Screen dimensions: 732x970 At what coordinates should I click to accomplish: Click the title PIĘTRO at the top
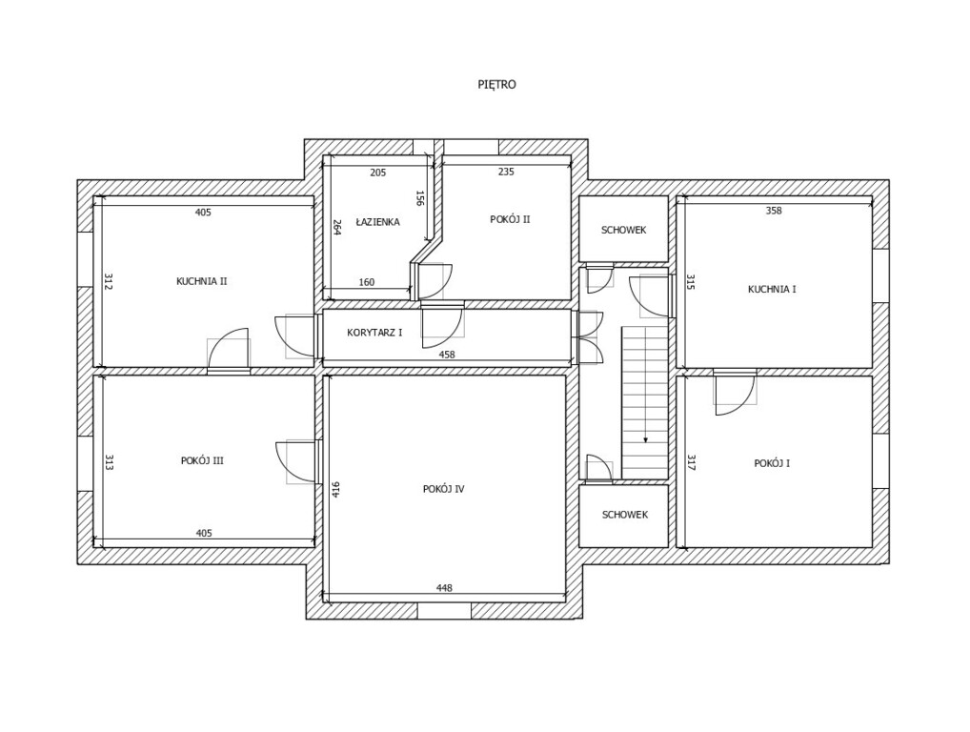click(496, 85)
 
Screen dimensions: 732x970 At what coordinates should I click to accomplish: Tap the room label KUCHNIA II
click(201, 281)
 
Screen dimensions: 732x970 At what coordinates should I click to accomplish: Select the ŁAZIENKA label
click(377, 222)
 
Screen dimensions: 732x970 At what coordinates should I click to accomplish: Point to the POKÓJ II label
click(510, 219)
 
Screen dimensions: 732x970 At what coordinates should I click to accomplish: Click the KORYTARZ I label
click(374, 333)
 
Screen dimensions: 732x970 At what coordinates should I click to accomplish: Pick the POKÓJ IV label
click(443, 489)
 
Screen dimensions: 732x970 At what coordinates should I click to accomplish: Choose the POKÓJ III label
click(202, 460)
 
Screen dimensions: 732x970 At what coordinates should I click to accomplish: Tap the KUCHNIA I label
click(772, 289)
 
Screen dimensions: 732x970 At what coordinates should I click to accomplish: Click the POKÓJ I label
click(772, 463)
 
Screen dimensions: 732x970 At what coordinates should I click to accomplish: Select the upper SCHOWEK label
click(624, 231)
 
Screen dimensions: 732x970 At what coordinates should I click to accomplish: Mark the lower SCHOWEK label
click(625, 515)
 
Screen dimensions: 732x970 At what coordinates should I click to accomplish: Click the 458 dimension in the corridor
click(446, 355)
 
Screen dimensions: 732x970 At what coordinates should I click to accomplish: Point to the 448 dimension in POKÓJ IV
click(444, 588)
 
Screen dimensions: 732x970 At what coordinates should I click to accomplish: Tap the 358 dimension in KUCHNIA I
click(774, 211)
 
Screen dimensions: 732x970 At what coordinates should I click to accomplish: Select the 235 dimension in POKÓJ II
click(506, 173)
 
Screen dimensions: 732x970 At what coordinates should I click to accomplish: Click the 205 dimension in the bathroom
click(377, 173)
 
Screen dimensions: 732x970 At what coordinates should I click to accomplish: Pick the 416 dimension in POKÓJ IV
click(335, 489)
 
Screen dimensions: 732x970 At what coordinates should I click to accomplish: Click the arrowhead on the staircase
click(645, 439)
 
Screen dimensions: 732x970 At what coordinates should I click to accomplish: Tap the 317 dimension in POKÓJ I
click(691, 462)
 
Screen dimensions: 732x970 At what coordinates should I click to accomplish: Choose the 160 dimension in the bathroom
click(366, 282)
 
